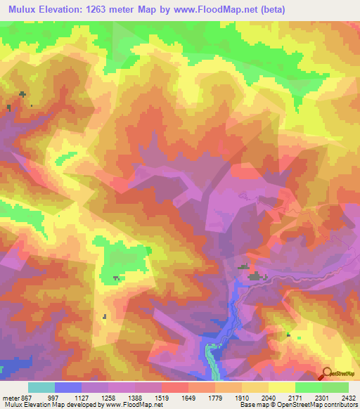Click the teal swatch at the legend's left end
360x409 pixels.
click(x=41, y=387)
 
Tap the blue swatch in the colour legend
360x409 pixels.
click(x=68, y=387)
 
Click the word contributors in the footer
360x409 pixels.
click(x=338, y=405)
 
